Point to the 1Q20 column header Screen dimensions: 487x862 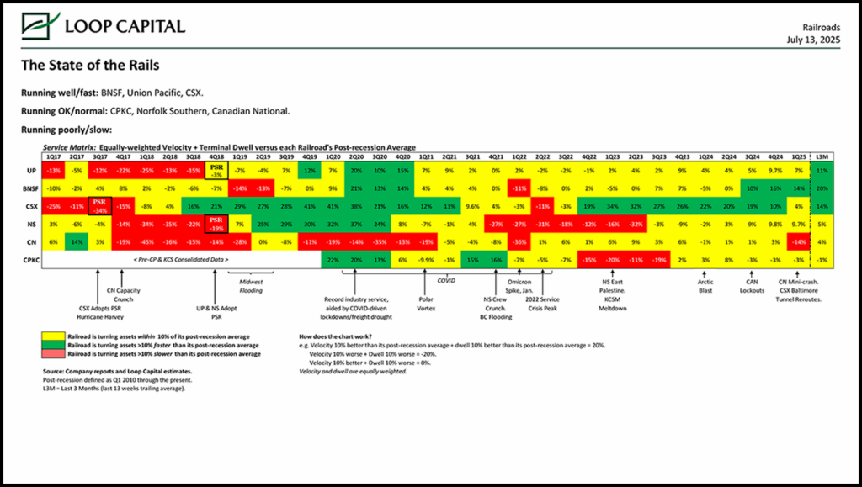click(333, 156)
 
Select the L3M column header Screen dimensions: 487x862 click(822, 156)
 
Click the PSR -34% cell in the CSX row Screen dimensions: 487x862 click(100, 205)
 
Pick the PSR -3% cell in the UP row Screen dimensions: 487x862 click(216, 170)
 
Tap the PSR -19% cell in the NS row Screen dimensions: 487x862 click(216, 224)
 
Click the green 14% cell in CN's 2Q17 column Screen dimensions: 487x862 click(77, 242)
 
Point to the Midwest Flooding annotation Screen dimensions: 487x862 click(251, 287)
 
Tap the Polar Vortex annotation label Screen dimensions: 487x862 click(427, 303)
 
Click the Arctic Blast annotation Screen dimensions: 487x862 click(705, 287)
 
